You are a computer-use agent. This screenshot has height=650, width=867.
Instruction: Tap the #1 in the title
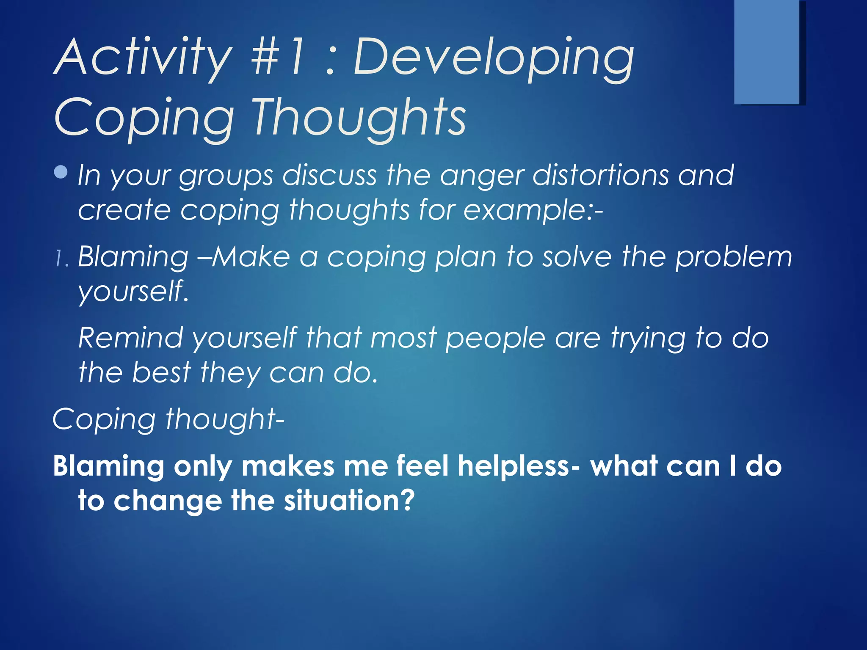pos(277,57)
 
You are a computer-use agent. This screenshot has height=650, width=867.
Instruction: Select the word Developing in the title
pos(493,59)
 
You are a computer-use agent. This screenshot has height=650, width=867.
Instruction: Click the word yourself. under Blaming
pos(133,292)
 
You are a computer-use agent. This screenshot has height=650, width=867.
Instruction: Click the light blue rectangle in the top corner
pos(766,52)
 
